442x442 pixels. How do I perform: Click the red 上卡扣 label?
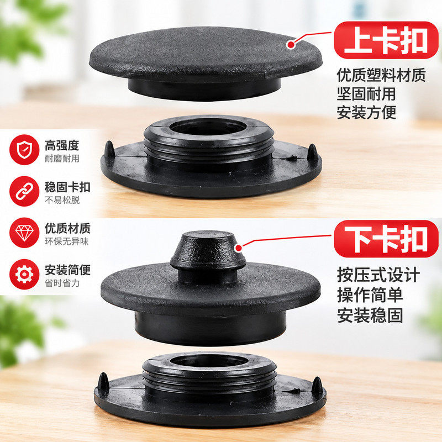(386, 40)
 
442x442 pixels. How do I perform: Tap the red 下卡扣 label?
(386, 239)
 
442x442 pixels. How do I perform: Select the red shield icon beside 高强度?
(24, 150)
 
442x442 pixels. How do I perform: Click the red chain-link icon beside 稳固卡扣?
(24, 191)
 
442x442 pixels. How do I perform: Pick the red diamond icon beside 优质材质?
(24, 233)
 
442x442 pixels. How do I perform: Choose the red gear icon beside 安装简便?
(24, 274)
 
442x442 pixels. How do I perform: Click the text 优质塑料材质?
(381, 75)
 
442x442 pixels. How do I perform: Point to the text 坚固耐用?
(366, 94)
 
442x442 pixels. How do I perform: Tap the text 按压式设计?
(378, 275)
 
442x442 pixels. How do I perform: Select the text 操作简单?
(370, 295)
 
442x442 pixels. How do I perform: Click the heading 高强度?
(62, 145)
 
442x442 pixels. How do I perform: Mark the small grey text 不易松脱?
(62, 200)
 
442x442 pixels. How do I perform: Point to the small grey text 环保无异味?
(66, 241)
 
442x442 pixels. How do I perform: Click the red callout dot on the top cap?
(291, 44)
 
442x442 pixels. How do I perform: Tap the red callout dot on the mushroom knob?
(239, 248)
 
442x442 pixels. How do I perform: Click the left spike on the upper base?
(109, 149)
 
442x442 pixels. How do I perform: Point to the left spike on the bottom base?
(103, 381)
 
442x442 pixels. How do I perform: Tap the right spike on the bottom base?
(317, 385)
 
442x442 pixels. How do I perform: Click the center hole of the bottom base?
(209, 361)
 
